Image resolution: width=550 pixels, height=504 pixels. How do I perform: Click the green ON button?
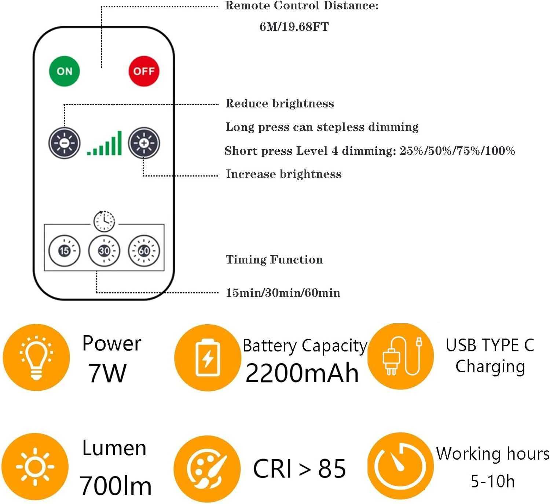coord(65,71)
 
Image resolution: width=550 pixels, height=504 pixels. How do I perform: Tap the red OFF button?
coord(144,71)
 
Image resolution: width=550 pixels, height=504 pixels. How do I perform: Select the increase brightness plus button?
coord(144,143)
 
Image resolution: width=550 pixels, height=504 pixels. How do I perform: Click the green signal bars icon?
coord(104,143)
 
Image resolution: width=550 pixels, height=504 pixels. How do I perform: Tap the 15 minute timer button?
coord(65,251)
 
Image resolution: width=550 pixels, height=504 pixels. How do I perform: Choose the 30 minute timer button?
coord(104,251)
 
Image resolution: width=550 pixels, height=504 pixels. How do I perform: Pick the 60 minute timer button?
coord(144,251)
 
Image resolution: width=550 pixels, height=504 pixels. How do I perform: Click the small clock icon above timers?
coord(104,221)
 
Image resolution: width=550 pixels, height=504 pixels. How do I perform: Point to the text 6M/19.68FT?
coord(294,27)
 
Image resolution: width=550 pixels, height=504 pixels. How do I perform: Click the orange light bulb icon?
coord(36,357)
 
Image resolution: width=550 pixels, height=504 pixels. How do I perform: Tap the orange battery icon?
coord(207,358)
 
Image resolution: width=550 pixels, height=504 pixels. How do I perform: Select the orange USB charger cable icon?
coord(401,357)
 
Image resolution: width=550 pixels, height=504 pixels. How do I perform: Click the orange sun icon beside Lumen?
coord(35,467)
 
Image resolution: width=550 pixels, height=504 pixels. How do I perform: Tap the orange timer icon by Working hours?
coord(400,466)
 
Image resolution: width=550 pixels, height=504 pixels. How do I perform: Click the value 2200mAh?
coord(302,373)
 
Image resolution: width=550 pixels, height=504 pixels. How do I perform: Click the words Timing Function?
coord(274,260)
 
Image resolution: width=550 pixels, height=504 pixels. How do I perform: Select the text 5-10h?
coord(492,481)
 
